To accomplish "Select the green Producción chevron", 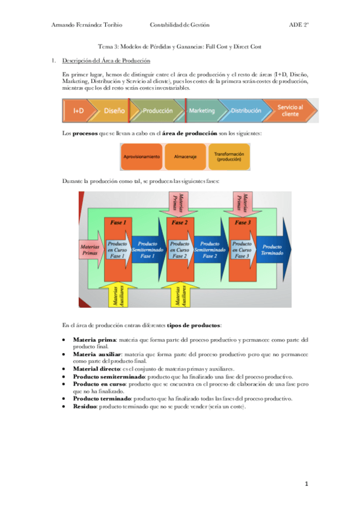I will click(157, 111).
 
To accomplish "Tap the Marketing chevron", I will click(202, 111).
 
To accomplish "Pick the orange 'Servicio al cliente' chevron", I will click(290, 111).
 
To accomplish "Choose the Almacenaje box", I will click(185, 156).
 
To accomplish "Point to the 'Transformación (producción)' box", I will click(228, 156).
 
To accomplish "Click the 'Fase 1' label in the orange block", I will click(118, 223).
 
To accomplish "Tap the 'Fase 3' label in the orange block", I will click(242, 223).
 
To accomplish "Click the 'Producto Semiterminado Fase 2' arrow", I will click(210, 250).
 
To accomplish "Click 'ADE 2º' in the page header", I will click(299, 25).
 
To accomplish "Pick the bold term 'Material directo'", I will click(96, 368).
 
